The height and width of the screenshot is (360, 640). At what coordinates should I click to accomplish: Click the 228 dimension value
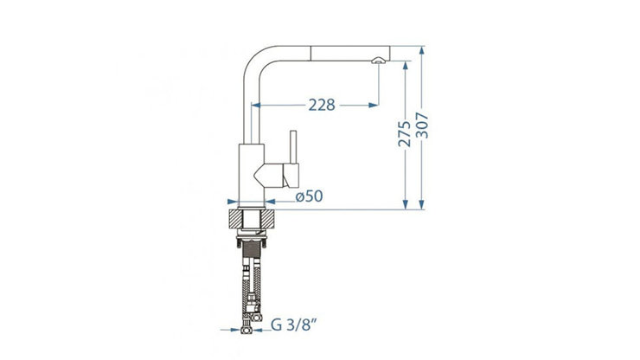pyautogui.click(x=322, y=105)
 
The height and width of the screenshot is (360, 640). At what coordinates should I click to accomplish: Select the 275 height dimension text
pyautogui.click(x=405, y=133)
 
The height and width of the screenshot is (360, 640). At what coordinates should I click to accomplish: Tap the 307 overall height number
pyautogui.click(x=422, y=125)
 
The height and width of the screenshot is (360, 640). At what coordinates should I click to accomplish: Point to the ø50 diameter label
pyautogui.click(x=309, y=196)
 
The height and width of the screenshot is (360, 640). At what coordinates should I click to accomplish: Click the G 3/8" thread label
pyautogui.click(x=294, y=325)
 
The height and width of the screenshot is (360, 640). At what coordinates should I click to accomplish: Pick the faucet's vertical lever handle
pyautogui.click(x=293, y=147)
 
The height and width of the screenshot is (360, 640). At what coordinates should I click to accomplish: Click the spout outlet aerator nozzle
pyautogui.click(x=378, y=61)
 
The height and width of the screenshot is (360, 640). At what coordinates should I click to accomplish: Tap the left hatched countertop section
pyautogui.click(x=235, y=219)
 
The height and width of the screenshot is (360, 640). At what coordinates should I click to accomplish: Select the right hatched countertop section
pyautogui.click(x=268, y=219)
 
